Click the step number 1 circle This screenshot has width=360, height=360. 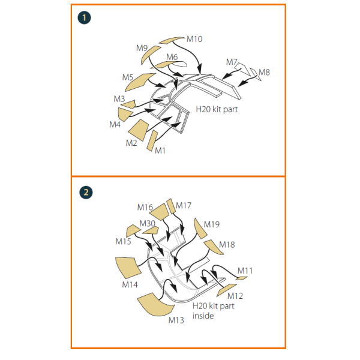pyautogui.click(x=84, y=17)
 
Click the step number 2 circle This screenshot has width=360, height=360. pyautogui.click(x=86, y=193)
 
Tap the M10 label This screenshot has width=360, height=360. pyautogui.click(x=194, y=39)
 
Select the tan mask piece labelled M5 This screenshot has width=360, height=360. pyautogui.click(x=139, y=82)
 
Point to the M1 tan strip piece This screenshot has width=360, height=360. pyautogui.click(x=152, y=140)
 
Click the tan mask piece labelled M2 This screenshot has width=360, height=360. pyautogui.click(x=139, y=130)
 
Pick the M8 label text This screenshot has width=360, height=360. pyautogui.click(x=264, y=73)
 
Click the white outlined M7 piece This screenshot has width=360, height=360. pyautogui.click(x=242, y=68)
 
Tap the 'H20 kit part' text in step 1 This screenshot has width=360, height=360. pyautogui.click(x=217, y=109)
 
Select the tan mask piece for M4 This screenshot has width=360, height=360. pyautogui.click(x=124, y=114)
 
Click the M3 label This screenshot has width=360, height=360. pyautogui.click(x=119, y=99)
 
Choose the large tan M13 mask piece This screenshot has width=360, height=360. pyautogui.click(x=155, y=304)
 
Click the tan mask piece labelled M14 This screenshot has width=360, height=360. pyautogui.click(x=128, y=268)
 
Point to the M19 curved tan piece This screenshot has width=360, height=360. pyautogui.click(x=200, y=229)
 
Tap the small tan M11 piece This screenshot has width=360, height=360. pyautogui.click(x=242, y=278)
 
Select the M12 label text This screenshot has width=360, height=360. pyautogui.click(x=235, y=296)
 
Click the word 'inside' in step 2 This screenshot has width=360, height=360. pyautogui.click(x=203, y=316)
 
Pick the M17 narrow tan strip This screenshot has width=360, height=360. pyautogui.click(x=171, y=206)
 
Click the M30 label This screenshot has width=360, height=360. pyautogui.click(x=148, y=223)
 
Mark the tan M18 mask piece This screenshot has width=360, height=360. pyautogui.click(x=213, y=247)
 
